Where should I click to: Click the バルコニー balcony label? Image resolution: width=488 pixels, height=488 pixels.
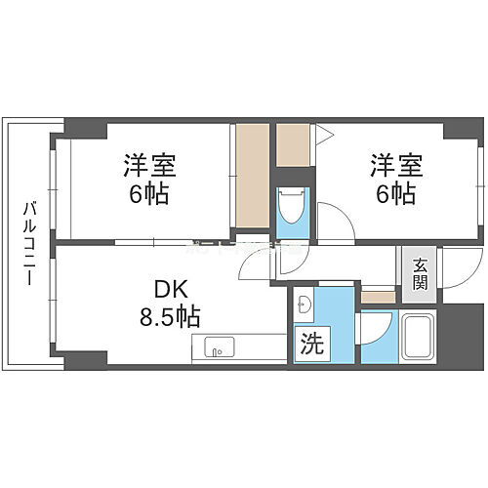coord(28,243)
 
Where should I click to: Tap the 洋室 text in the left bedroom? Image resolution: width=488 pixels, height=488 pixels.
coord(146,162)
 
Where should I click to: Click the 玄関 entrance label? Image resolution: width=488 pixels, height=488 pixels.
coord(420,274)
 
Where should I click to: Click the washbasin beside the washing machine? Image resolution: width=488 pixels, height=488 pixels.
coord(304,304)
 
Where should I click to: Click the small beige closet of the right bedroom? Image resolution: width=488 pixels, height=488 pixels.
coord(293,144)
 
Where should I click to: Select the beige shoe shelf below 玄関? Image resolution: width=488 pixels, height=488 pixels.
coord(377,295)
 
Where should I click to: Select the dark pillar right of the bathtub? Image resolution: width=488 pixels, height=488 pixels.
coord(457,337)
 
